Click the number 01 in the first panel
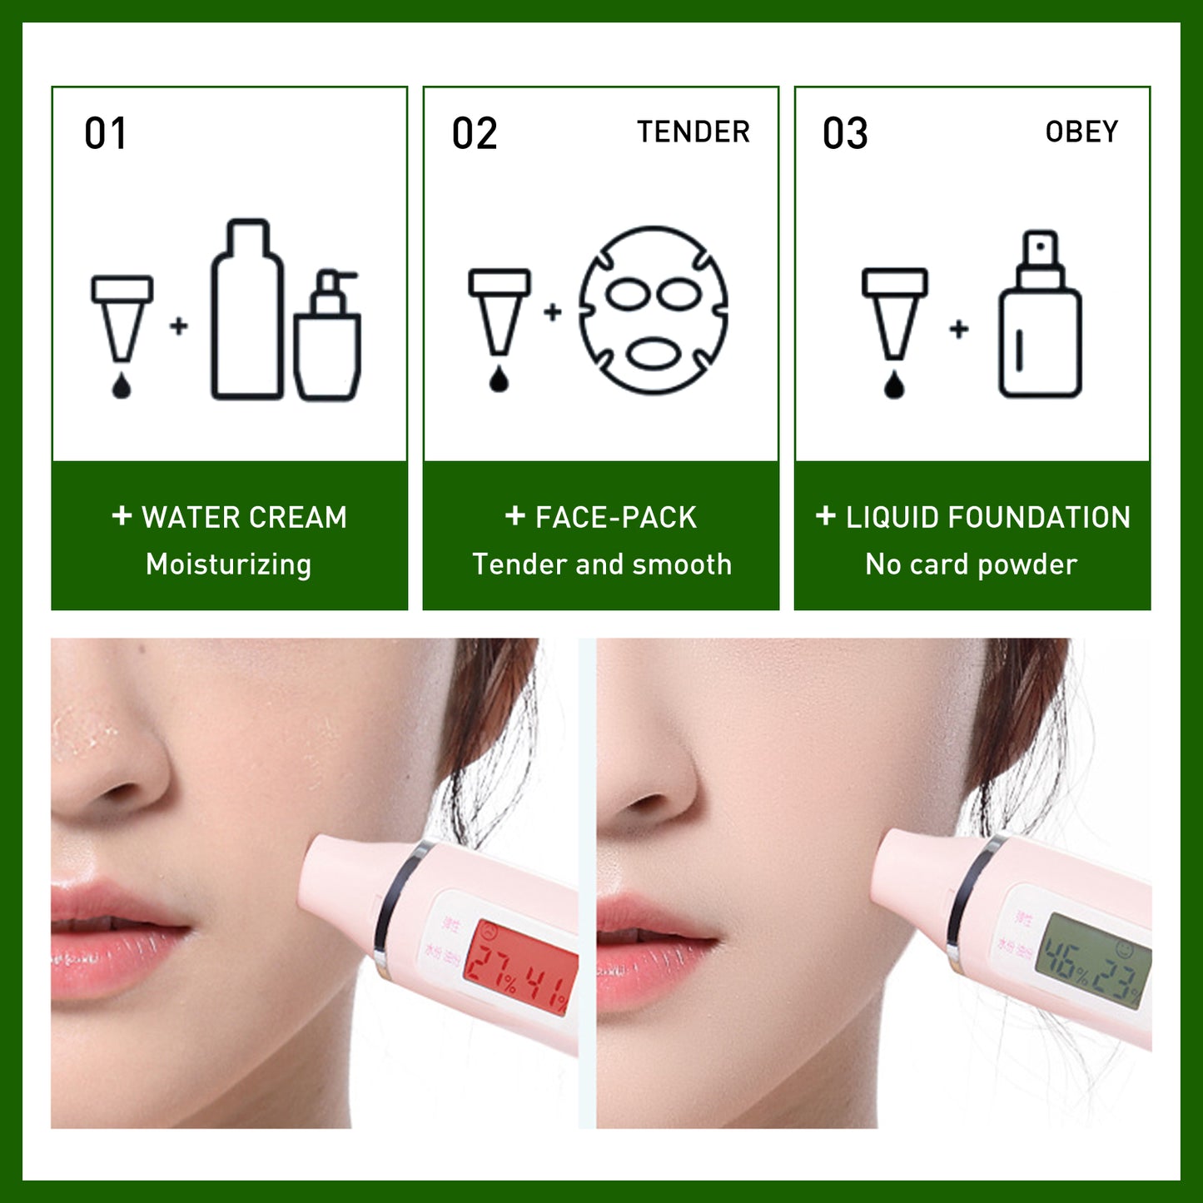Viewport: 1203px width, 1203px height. click(106, 134)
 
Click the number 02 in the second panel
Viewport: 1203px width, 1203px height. click(475, 134)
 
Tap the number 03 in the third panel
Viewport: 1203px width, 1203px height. click(845, 134)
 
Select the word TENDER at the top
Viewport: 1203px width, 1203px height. click(693, 132)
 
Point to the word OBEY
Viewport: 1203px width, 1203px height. click(1081, 132)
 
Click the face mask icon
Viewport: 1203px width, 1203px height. click(654, 310)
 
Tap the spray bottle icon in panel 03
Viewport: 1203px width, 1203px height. click(1040, 316)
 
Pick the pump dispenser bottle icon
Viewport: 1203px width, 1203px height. click(328, 336)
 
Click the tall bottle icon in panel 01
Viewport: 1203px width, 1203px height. click(247, 310)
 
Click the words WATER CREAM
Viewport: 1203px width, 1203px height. click(244, 518)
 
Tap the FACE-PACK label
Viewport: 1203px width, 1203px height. click(615, 518)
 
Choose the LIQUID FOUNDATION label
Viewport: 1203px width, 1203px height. click(988, 518)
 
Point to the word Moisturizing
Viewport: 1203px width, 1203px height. click(229, 564)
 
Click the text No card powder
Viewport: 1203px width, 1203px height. click(972, 564)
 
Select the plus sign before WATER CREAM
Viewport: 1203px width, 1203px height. click(122, 516)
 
